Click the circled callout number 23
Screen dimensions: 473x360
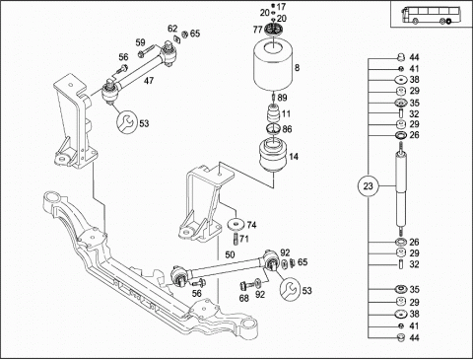pos(368,186)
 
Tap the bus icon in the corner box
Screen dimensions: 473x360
pos(428,16)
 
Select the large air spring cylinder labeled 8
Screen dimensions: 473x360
pos(273,66)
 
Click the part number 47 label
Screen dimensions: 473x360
pos(149,80)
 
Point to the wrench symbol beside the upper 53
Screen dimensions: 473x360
pos(125,122)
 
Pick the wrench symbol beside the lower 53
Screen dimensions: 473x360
pos(289,289)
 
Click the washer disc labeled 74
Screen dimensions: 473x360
pos(236,225)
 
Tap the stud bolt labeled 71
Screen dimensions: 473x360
pos(236,239)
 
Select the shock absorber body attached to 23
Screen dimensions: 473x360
pos(401,190)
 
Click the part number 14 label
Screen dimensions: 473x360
pos(294,157)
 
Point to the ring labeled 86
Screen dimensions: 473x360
pos(273,128)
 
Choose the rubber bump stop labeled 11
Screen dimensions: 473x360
pos(273,113)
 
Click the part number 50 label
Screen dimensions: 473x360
pos(230,254)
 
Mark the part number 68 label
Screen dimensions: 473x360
pos(244,298)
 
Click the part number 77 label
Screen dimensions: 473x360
pos(258,30)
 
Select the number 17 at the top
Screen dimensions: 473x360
pos(281,7)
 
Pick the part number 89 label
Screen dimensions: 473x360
pos(282,98)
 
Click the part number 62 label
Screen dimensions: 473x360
pos(172,29)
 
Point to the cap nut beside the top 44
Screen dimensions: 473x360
pos(401,57)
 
